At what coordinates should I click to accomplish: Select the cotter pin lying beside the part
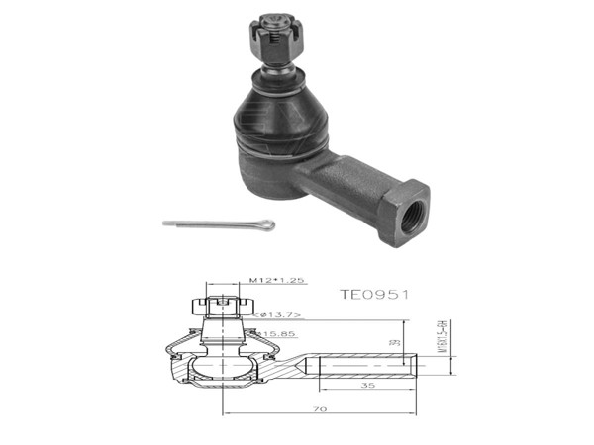point(217,224)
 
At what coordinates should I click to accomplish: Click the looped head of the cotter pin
point(264,228)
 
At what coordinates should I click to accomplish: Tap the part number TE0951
point(374,295)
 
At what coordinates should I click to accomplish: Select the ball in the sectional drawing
point(224,369)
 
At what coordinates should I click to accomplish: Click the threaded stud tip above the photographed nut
point(273,20)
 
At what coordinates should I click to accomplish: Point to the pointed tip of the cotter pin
point(165,222)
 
